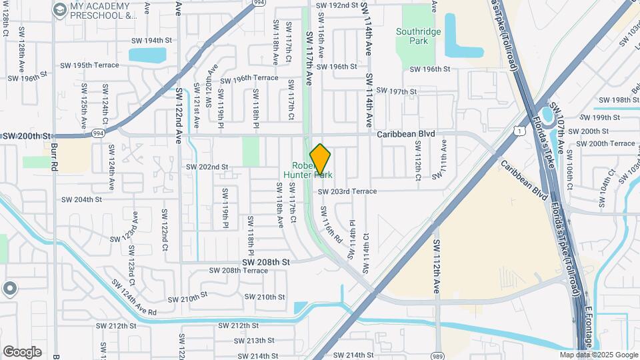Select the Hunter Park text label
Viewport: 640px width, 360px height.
(307, 175)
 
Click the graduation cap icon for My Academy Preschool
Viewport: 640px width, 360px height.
(59, 9)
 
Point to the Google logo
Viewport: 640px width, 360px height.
(22, 352)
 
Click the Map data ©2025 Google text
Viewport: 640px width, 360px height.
(599, 355)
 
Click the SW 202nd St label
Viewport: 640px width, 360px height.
(207, 167)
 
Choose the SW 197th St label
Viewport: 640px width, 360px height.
(397, 91)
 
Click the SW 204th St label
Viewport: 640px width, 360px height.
(81, 199)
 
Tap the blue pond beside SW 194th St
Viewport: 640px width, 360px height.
(147, 55)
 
